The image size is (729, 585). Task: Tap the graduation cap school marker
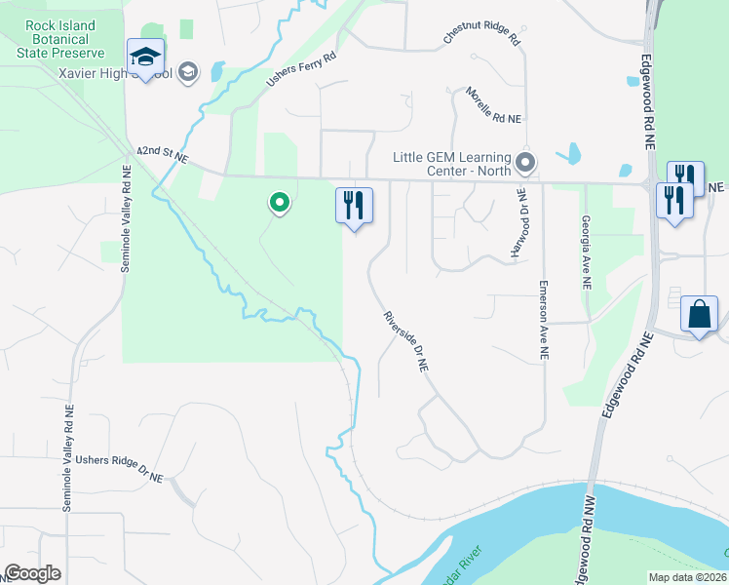point(146,57)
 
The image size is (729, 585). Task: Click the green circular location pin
point(280,203)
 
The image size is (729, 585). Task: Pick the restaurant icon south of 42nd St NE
point(354,206)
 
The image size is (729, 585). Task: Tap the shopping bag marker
point(700,314)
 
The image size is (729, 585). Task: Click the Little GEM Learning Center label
point(452,164)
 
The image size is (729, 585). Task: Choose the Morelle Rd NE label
point(494,104)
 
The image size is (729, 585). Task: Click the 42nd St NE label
point(161,152)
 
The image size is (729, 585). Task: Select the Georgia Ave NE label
point(587,253)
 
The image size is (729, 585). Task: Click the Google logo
point(33,573)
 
